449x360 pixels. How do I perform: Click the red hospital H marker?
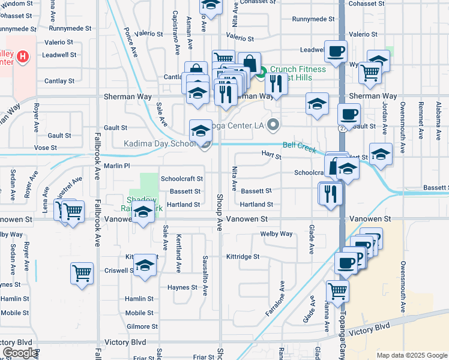[x=23, y=58]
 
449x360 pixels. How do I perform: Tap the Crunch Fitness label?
[x=297, y=69]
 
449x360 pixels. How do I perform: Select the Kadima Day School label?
[x=160, y=144]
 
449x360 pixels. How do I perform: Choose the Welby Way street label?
[x=276, y=234]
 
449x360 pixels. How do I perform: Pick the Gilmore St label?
[x=142, y=326]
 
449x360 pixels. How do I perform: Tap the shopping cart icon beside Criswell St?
[x=82, y=274]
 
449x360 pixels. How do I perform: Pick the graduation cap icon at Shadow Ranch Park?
[x=143, y=213]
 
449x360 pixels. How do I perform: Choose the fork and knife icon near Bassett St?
[x=330, y=193]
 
